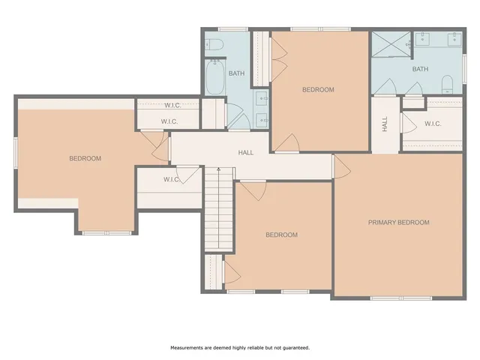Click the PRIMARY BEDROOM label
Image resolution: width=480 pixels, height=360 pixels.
pos(398,222)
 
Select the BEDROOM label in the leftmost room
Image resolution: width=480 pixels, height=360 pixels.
pos(85,158)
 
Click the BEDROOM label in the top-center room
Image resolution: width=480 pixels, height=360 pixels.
pos(318,89)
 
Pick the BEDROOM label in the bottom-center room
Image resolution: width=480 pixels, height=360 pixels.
pos(281,235)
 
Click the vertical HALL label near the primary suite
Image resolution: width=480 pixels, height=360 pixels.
pos(385,124)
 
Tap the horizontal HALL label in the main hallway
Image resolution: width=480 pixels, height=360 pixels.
pos(245,152)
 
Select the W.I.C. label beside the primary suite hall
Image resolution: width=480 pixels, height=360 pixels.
pos(433,124)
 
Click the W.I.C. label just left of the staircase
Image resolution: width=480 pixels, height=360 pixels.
pos(171,179)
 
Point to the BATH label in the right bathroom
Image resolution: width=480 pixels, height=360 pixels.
pos(420,69)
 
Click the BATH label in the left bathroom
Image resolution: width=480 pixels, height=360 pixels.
pos(236,73)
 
